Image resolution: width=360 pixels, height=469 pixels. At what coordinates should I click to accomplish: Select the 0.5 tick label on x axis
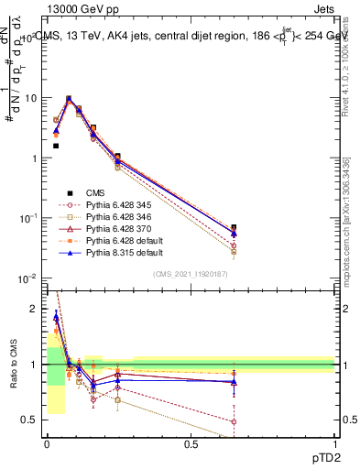191,444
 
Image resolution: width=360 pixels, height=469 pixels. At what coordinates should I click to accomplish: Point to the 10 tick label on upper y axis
30,98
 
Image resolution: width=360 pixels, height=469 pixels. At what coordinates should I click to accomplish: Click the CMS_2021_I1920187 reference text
190,274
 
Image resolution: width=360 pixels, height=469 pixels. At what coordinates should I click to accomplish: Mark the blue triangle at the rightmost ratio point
234,382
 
